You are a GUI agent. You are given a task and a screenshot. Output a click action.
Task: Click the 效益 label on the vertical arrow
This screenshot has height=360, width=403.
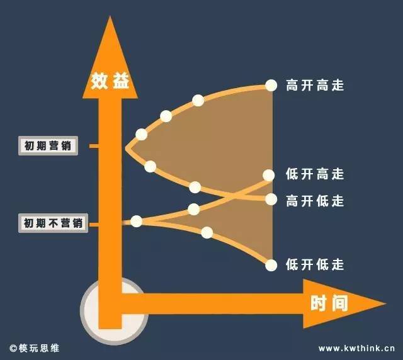tap(110, 81)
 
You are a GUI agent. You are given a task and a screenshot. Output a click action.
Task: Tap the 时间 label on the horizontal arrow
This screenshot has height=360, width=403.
tap(329, 304)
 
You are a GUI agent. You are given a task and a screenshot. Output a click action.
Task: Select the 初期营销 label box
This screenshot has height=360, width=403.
tap(48, 145)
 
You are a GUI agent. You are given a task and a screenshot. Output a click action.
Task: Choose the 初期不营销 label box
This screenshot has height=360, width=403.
tap(53, 223)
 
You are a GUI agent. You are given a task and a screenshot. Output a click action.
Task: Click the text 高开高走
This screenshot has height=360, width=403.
tap(315, 85)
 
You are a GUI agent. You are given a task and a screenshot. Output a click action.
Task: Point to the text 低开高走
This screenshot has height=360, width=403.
tap(315, 174)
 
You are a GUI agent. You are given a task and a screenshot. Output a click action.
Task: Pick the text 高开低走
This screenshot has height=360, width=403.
tap(315, 201)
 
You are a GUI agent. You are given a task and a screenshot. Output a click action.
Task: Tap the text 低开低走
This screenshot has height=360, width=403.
tap(315, 264)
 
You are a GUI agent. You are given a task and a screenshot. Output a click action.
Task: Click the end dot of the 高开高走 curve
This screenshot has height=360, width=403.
tap(271, 86)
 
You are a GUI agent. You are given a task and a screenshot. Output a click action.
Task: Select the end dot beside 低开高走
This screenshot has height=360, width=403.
tap(269, 175)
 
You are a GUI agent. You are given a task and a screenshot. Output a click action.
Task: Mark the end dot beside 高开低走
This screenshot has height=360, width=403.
tap(271, 199)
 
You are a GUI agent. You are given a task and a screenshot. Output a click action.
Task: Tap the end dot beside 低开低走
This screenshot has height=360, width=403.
tap(271, 265)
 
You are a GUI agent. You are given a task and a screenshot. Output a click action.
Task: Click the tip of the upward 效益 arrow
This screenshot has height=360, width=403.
tap(110, 16)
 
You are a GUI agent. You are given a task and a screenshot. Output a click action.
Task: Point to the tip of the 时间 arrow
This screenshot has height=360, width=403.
tap(386, 304)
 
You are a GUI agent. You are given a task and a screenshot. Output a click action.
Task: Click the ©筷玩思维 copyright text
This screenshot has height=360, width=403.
tap(35, 349)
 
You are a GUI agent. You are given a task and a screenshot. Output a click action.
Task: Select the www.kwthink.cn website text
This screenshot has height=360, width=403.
tap(356, 349)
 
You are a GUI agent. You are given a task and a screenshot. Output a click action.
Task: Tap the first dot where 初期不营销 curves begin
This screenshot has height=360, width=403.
tap(137, 221)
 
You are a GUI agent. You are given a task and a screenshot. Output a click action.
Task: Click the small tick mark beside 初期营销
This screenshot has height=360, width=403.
tap(94, 146)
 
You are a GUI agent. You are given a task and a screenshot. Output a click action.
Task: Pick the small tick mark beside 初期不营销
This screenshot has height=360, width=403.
tap(94, 225)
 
